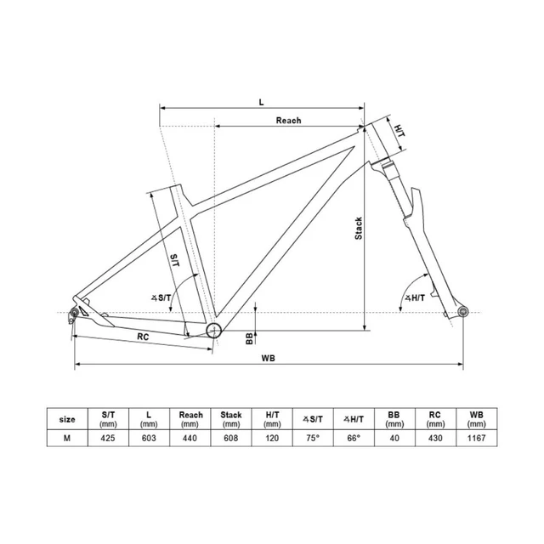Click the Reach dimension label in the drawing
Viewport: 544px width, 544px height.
point(288,121)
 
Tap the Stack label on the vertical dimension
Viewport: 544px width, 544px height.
point(360,228)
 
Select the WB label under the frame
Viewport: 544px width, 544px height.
point(269,358)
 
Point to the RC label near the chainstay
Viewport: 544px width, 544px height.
point(144,337)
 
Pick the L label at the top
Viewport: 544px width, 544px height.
point(261,100)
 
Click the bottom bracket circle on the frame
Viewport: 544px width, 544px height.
point(213,330)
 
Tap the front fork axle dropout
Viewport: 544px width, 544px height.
point(462,313)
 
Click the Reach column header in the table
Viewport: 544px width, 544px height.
point(190,418)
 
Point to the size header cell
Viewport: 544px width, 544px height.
point(66,419)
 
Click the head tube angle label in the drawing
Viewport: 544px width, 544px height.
point(415,297)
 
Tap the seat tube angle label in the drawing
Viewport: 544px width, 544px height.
point(161,297)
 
